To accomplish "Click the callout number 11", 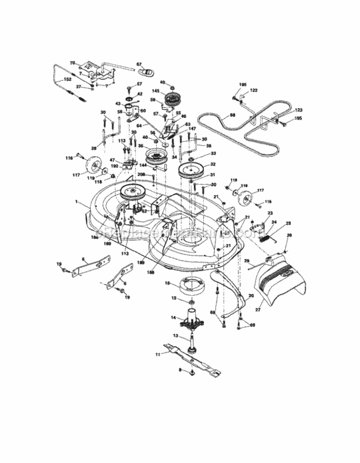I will (158, 355).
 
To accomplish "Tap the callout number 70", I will (72, 63).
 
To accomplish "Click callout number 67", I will (139, 64).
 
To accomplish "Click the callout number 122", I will (253, 90).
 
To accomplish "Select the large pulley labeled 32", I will (191, 169).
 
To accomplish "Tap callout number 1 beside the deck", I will (77, 202).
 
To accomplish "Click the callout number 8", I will (180, 370).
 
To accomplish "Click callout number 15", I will (174, 298).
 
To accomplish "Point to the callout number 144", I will (142, 166).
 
